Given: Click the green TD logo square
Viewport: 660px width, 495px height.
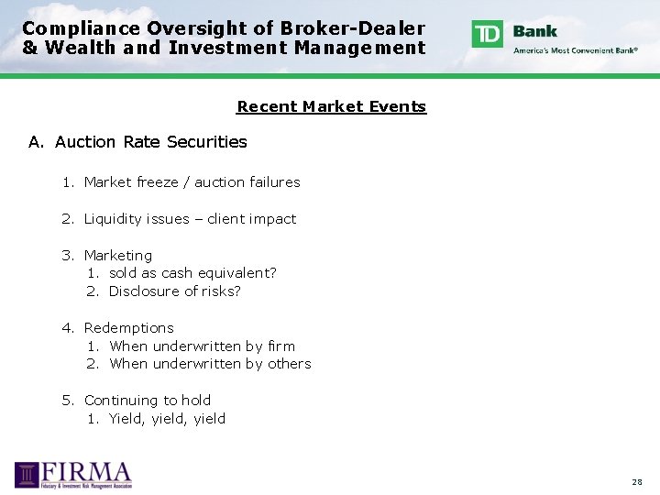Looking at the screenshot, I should [487, 34].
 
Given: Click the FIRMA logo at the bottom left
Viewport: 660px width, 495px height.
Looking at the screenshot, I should [73, 475].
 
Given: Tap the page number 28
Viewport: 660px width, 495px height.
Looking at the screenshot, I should [636, 481].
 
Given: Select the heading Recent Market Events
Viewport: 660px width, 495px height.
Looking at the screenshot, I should [331, 106].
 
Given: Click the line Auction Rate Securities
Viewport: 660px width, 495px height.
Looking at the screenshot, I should [151, 142].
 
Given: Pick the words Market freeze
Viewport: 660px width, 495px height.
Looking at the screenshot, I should [131, 182].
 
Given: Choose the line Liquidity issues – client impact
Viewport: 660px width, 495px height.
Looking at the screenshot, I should [190, 219].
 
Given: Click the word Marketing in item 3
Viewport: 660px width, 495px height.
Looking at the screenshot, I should [118, 256].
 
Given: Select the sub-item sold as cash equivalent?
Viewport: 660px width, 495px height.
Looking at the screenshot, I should [192, 273].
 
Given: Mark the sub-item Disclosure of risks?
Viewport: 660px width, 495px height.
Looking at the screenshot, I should [175, 291].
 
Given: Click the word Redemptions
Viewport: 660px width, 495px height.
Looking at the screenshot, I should [128, 328].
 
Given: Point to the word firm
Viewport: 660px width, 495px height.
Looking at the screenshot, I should [281, 346].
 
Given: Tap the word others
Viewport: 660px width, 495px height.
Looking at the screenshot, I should [290, 364].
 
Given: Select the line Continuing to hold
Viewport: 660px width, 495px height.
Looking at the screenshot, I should [148, 401].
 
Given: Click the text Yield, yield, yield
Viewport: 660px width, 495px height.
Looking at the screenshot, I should [167, 419].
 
